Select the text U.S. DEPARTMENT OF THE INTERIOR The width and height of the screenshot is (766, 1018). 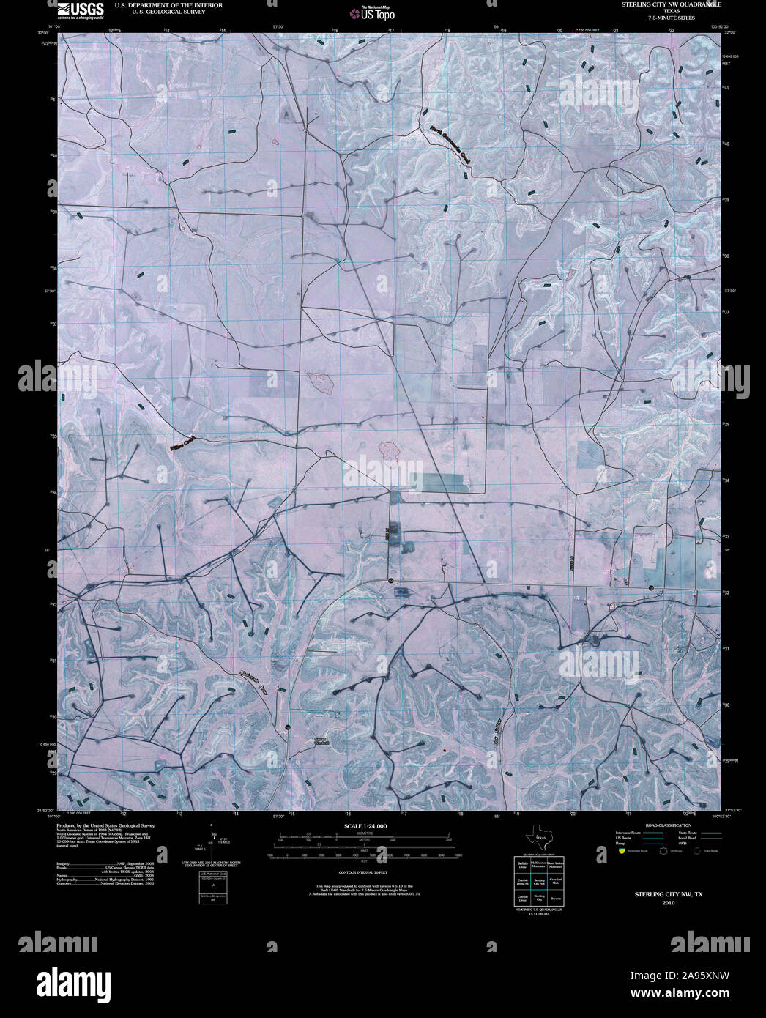coord(168,5)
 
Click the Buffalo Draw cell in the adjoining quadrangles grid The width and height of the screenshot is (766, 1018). coord(522,865)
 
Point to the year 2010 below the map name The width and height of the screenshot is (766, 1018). coord(668,903)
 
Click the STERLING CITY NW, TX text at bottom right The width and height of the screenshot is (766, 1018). coord(668,895)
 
